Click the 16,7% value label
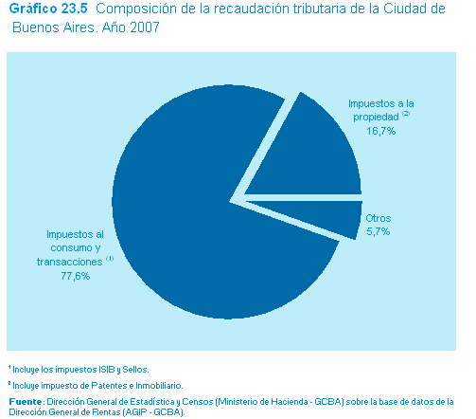click(x=380, y=131)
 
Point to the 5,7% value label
click(x=379, y=231)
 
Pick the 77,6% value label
click(x=76, y=276)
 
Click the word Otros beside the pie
click(x=379, y=218)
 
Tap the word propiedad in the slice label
click(x=376, y=118)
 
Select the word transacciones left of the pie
click(x=69, y=262)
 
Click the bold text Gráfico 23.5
click(x=48, y=9)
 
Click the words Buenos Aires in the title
click(x=53, y=27)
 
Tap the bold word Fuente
click(x=26, y=402)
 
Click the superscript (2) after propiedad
click(x=406, y=114)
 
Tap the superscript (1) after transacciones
click(x=110, y=259)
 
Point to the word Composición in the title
click(x=136, y=9)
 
